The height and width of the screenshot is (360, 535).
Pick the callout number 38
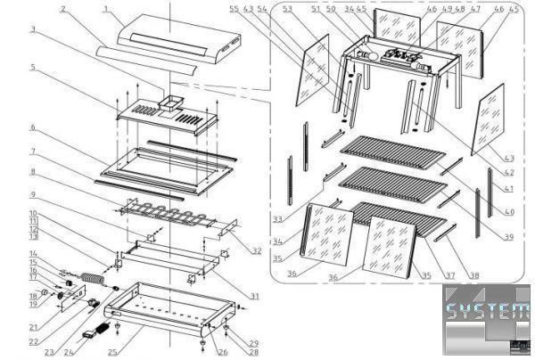pos(473,276)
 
